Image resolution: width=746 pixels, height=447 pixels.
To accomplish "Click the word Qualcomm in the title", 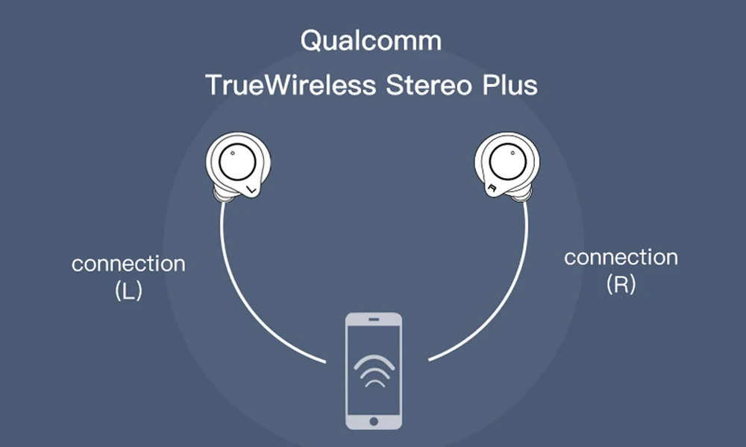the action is [371, 40].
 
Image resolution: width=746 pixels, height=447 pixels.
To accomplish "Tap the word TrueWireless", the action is [290, 85].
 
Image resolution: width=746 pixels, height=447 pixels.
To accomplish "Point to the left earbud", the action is [238, 168].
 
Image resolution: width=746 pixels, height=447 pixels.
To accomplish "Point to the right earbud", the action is [507, 168].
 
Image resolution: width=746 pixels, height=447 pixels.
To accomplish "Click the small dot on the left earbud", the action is [232, 154].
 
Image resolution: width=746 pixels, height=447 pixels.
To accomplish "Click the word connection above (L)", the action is [128, 264].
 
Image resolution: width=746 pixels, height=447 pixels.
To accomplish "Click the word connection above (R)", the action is [621, 258].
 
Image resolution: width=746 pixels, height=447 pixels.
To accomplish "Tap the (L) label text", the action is [128, 291].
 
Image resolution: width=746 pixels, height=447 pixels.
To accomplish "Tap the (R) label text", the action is [621, 285].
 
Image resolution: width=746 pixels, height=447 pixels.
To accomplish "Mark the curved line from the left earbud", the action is [246, 298].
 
